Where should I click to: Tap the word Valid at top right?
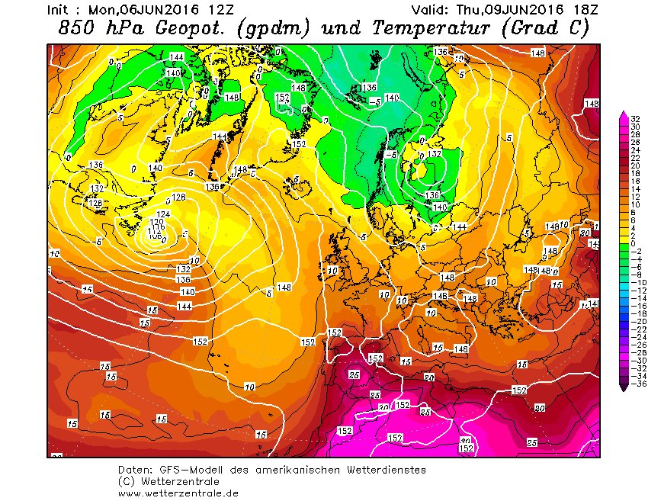coord(430,11)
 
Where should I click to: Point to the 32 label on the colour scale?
coord(634,118)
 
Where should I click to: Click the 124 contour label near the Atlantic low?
coord(162,214)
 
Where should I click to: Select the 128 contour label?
coord(95,203)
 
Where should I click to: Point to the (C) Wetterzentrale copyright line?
coord(168,482)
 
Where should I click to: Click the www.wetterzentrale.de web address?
coord(178,493)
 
